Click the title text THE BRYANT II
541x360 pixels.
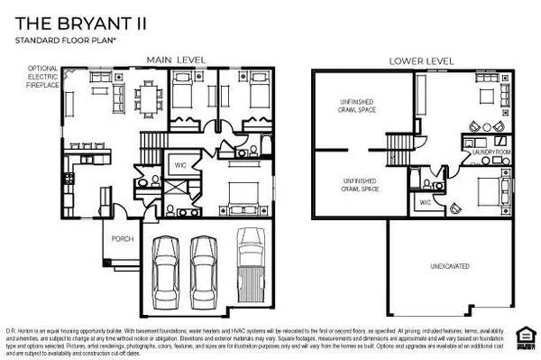(69, 23)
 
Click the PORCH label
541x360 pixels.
(121, 239)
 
